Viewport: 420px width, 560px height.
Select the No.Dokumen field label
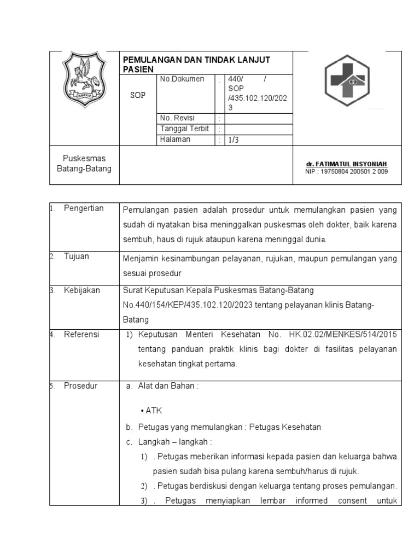point(182,79)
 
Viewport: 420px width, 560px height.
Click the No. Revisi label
point(178,118)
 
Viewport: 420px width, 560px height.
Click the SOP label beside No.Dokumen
point(137,95)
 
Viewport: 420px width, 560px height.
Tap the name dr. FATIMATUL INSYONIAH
point(347,164)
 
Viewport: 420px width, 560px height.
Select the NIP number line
point(347,172)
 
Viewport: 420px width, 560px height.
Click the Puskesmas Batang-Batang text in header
point(84,164)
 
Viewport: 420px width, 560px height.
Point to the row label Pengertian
point(84,208)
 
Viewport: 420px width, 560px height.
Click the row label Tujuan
point(77,256)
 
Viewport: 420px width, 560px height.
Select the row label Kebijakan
point(82,290)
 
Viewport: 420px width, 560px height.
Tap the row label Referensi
point(81,334)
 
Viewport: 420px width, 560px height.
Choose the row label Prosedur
point(80,386)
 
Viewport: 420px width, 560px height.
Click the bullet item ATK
point(153,411)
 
